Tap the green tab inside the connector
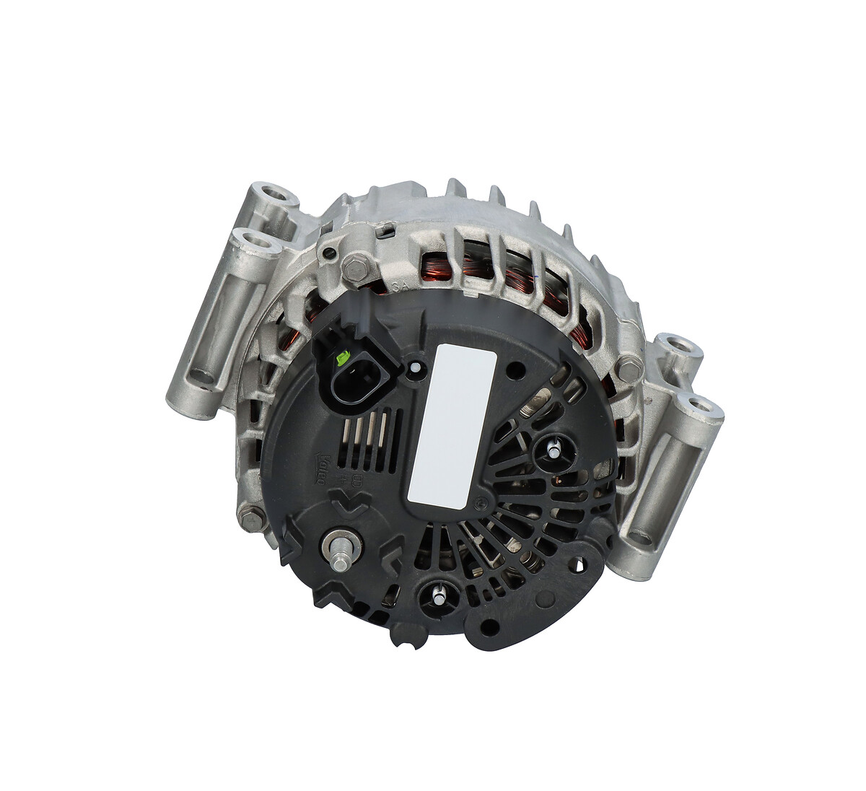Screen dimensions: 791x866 344,356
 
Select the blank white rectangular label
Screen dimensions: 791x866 452,423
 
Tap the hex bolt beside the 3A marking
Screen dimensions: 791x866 354,268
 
